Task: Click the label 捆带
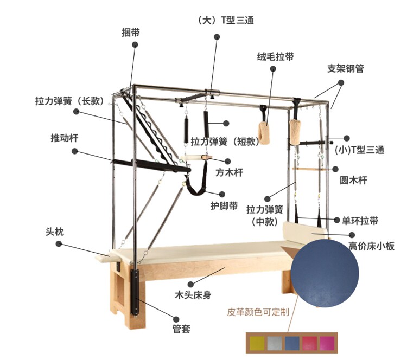pos(131,32)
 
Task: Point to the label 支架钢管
pos(345,69)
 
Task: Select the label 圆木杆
pos(353,181)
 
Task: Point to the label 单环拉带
pos(360,221)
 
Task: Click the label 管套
pos(181,329)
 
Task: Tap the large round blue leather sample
pos(325,274)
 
